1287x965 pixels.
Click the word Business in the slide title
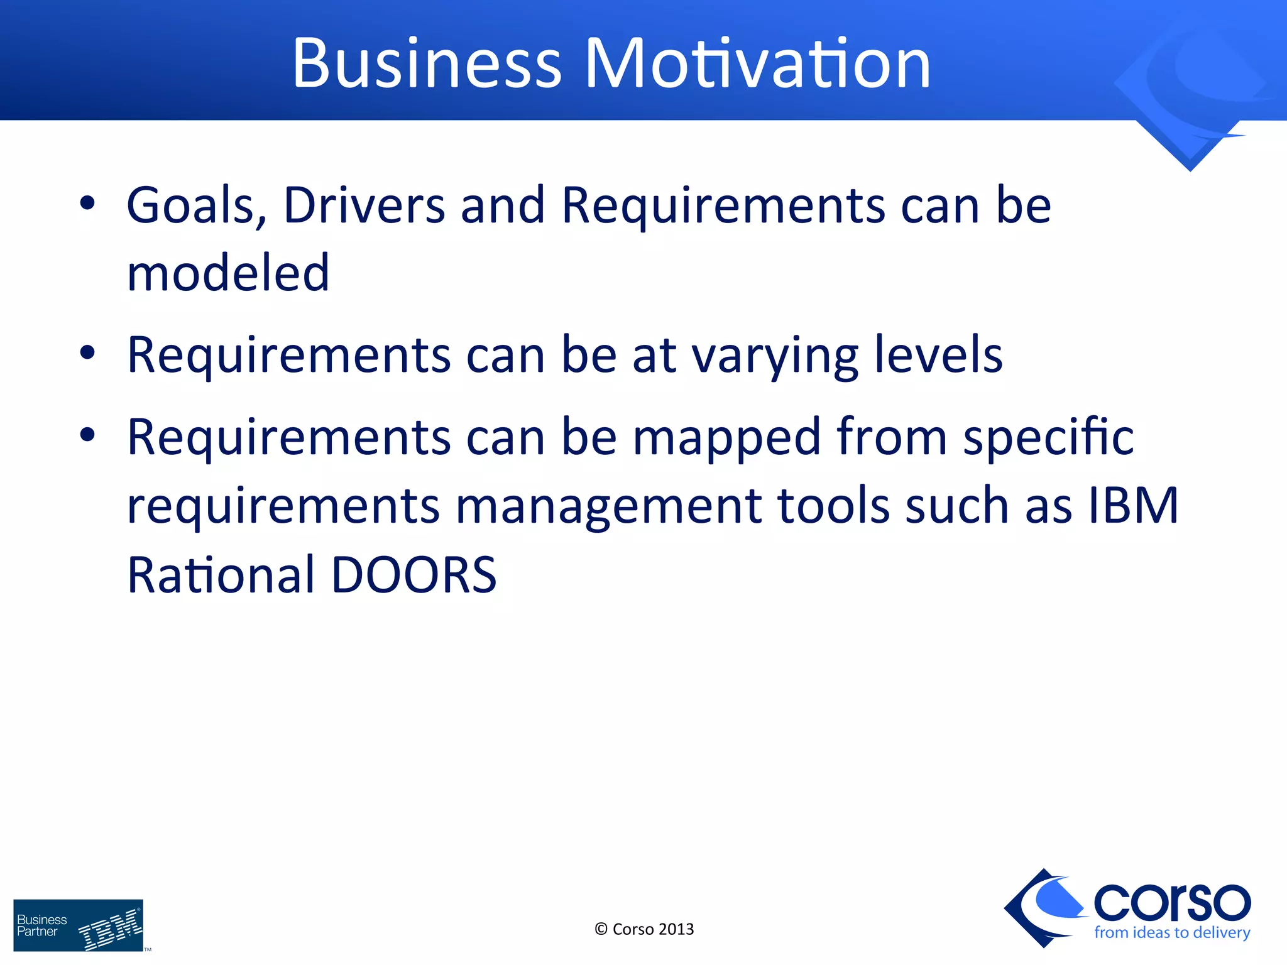pyautogui.click(x=427, y=63)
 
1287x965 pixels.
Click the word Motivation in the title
pyautogui.click(x=757, y=63)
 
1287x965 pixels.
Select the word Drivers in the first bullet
pyautogui.click(x=364, y=205)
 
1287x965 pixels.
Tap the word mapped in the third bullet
pyautogui.click(x=726, y=438)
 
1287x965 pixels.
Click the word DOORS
pyautogui.click(x=413, y=575)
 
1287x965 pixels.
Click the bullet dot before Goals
pyautogui.click(x=87, y=204)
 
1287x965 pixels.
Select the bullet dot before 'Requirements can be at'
pyautogui.click(x=87, y=353)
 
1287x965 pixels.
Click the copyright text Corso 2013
pyautogui.click(x=644, y=929)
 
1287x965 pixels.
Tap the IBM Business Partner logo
pyautogui.click(x=79, y=925)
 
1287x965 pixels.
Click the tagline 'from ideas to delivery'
pyautogui.click(x=1172, y=932)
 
